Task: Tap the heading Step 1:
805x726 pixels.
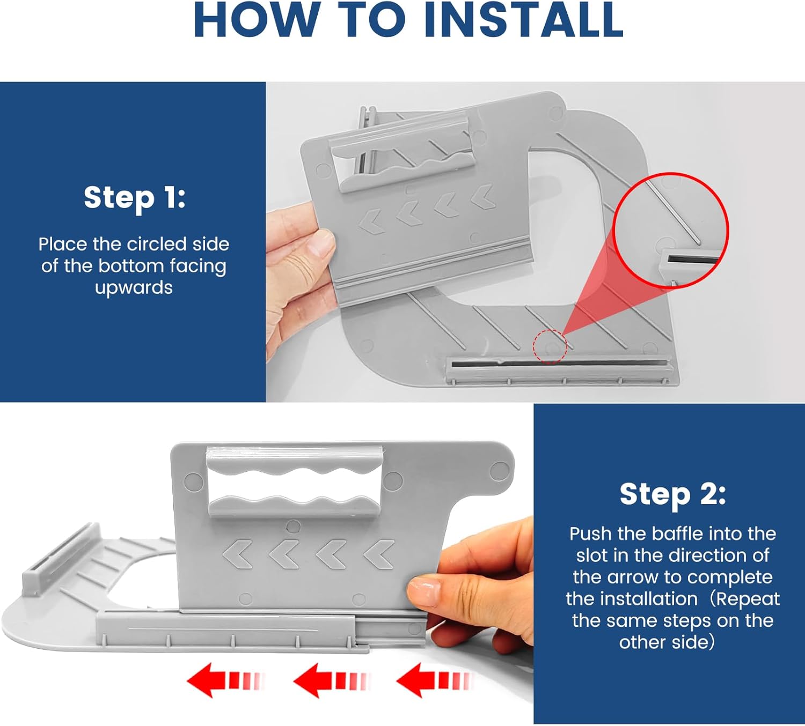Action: [134, 198]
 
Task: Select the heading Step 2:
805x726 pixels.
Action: [672, 494]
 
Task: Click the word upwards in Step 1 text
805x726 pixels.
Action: [134, 288]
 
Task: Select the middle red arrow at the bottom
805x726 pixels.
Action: [332, 680]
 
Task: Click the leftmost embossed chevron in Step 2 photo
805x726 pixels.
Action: [237, 554]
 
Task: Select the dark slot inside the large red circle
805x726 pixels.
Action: [692, 260]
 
